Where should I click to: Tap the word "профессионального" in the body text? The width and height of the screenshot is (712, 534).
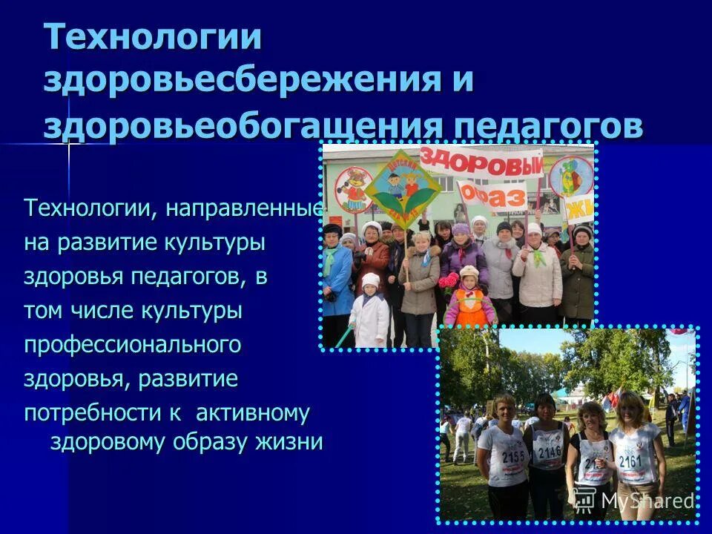[x=133, y=345]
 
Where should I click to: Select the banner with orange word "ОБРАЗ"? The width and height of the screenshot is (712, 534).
[x=492, y=195]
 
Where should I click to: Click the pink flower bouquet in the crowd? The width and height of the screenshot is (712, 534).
[x=449, y=280]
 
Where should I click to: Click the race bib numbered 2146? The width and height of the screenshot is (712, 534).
[x=550, y=449]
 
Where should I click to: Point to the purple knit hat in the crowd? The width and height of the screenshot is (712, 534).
[x=461, y=229]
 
